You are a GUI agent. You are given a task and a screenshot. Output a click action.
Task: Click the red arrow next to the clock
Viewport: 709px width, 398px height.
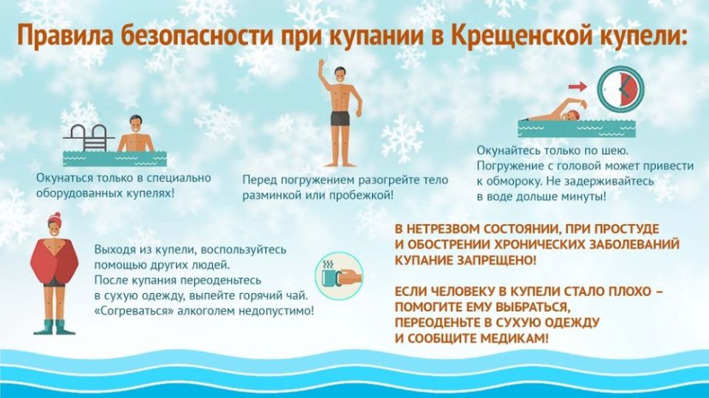pos(578,87)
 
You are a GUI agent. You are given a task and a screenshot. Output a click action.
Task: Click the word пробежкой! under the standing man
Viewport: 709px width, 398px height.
pos(357,196)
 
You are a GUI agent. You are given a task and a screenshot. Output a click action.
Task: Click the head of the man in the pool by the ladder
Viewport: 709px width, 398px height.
pos(135,125)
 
